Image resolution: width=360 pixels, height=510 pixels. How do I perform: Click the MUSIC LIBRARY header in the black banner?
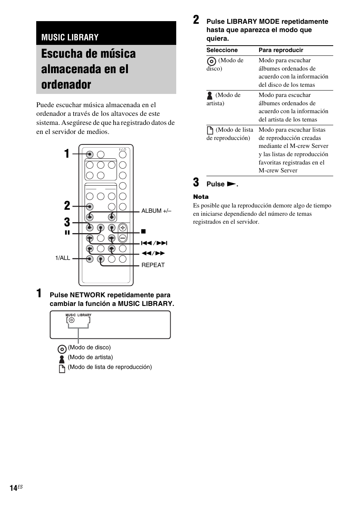click(x=70, y=37)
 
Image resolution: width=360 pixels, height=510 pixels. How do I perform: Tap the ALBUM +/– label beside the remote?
click(x=156, y=211)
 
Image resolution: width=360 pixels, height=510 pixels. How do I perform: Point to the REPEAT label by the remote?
click(x=153, y=265)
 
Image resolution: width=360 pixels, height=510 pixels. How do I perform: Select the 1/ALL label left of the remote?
click(x=63, y=258)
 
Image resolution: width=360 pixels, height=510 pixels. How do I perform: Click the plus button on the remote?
click(x=123, y=227)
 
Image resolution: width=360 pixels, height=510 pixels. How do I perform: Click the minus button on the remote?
click(x=123, y=238)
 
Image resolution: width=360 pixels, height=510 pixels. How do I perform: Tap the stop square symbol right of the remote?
click(x=143, y=231)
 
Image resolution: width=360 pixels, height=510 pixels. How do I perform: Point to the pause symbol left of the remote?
click(x=67, y=233)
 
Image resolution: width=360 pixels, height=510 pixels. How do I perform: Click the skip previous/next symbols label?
click(x=154, y=243)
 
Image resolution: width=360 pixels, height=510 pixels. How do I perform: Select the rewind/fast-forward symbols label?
click(x=153, y=253)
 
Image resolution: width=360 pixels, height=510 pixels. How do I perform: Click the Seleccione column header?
click(x=222, y=50)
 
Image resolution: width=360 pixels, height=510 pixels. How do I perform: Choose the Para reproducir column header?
click(x=281, y=50)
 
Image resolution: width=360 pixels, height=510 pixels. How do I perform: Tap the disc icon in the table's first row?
click(x=212, y=61)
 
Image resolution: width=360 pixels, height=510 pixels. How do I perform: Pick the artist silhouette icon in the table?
click(x=210, y=95)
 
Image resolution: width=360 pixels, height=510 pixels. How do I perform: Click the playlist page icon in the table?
click(x=210, y=131)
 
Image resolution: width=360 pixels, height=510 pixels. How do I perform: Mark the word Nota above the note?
click(x=201, y=197)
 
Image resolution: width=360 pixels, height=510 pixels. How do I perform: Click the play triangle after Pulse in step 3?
click(x=231, y=184)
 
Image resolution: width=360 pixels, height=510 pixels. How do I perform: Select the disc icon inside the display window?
click(x=72, y=320)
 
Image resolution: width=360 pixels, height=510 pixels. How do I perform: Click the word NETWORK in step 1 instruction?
click(x=86, y=295)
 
